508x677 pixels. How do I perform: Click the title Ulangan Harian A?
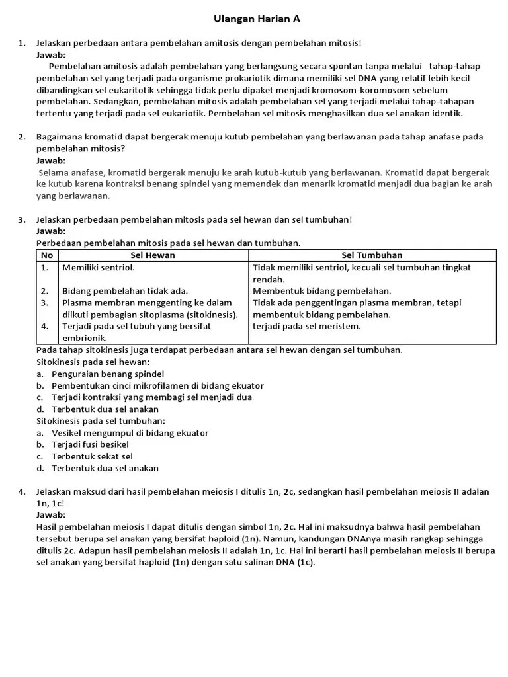257,19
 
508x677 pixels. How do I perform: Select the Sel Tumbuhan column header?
372,255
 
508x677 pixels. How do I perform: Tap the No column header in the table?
46,255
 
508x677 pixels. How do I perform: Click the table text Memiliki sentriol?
98,268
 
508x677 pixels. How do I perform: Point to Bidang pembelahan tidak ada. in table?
125,291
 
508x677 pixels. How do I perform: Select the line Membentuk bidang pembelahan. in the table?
322,291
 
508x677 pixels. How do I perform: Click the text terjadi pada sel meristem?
307,326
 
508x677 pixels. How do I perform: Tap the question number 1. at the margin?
22,44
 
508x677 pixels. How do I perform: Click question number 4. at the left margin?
22,491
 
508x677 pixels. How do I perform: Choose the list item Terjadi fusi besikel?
90,444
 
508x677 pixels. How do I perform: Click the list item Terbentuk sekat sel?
92,456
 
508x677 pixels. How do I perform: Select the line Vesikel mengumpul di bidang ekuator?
130,433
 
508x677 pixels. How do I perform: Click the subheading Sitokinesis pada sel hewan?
93,362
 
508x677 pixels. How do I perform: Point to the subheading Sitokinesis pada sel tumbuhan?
101,421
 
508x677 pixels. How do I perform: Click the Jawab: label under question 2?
51,161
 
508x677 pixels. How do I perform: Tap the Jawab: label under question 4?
51,515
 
